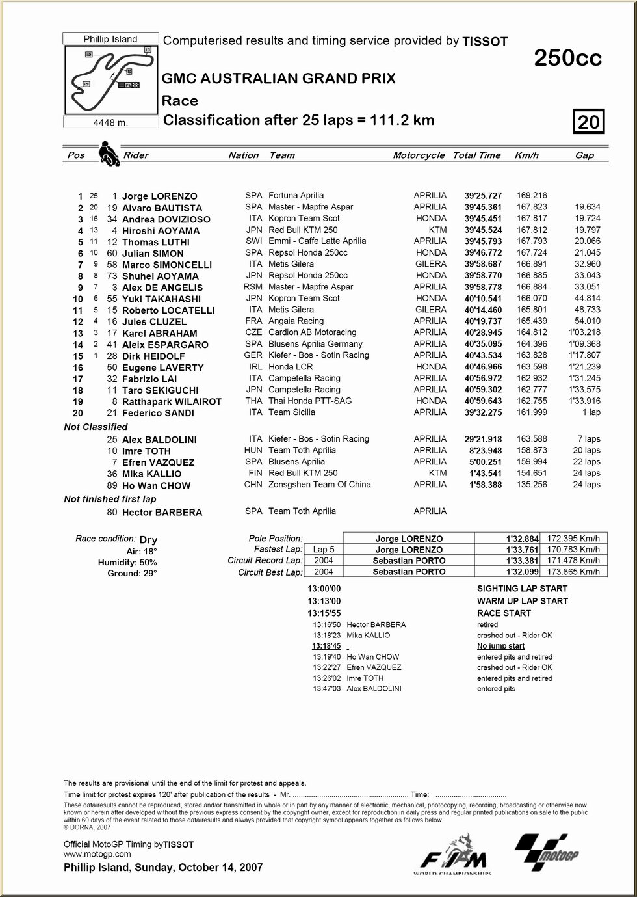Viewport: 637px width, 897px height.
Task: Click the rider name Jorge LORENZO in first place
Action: [159, 196]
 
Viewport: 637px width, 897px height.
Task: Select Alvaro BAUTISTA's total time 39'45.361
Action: [483, 208]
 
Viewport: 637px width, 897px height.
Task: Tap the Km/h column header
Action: [526, 155]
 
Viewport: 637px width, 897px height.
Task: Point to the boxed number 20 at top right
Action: [589, 122]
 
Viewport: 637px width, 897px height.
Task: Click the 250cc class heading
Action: [567, 59]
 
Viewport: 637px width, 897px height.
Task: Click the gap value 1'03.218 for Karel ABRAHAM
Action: [584, 332]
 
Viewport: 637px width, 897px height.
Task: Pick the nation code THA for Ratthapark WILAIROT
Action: [254, 401]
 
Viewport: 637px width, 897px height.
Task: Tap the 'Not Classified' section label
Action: [96, 427]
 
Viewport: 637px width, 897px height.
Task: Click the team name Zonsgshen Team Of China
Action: [319, 485]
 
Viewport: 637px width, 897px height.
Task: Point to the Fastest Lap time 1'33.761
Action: [522, 550]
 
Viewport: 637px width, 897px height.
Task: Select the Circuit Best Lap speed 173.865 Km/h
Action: [573, 572]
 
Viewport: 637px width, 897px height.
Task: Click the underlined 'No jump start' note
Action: [500, 646]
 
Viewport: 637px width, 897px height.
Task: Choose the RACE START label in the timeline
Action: [504, 613]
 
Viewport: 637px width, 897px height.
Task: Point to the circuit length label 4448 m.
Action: [110, 122]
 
